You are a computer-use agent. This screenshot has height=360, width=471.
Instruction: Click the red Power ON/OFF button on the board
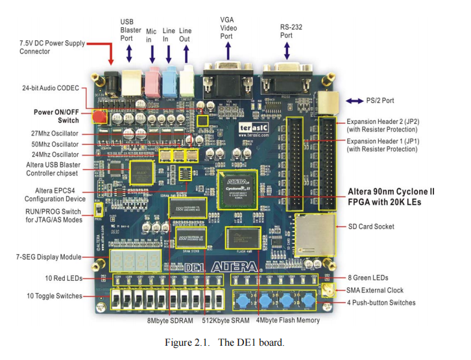point(99,117)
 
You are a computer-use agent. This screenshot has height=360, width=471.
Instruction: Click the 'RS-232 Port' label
point(291,31)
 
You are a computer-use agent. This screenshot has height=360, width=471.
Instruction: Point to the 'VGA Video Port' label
point(226,28)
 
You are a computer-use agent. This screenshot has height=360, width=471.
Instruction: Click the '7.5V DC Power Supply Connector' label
point(53,47)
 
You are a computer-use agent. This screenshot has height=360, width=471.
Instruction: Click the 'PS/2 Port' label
point(380,101)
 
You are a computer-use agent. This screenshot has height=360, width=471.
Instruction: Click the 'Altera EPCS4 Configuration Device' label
point(51,195)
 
